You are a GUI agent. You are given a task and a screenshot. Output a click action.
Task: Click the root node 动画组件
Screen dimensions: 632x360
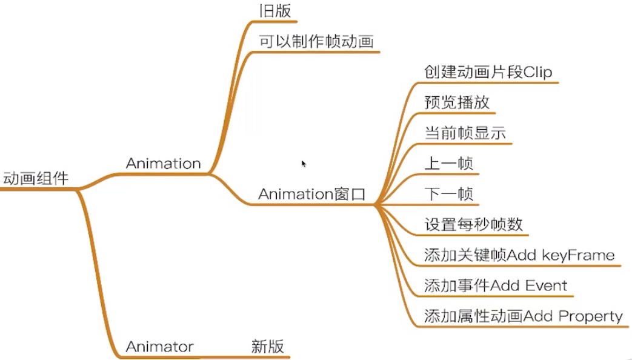coord(36,179)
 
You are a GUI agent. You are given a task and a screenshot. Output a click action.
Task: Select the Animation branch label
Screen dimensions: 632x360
coord(163,164)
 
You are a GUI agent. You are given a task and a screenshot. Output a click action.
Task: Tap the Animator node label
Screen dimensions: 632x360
coord(159,347)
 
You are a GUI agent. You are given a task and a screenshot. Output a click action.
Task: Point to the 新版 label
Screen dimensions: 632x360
coord(267,347)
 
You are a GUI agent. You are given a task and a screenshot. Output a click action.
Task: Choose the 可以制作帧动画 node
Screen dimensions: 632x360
coord(316,42)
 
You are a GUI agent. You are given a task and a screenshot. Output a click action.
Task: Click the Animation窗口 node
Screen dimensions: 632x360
coord(312,195)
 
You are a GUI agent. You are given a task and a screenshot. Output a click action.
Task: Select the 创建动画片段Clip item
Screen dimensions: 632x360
coord(488,72)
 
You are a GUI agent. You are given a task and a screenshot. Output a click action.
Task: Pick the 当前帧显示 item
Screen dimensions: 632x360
coord(465,133)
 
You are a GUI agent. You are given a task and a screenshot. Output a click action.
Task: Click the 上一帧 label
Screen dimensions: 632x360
coord(449,164)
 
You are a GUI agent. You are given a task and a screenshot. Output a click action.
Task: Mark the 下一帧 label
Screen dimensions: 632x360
coord(449,195)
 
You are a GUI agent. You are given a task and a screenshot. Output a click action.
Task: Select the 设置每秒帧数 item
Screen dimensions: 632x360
coord(473,225)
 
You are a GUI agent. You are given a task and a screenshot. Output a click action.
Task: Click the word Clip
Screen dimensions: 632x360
coord(537,72)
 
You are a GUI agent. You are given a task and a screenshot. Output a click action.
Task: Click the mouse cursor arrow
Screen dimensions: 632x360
coord(304,163)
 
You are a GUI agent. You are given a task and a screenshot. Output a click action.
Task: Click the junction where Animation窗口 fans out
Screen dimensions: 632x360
coord(375,205)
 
